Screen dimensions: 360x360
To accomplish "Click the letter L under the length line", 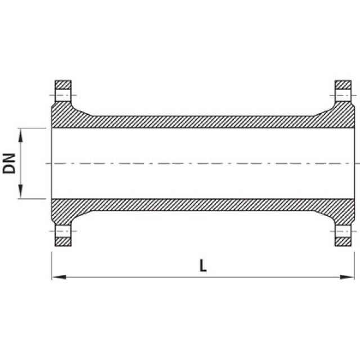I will click(203, 266).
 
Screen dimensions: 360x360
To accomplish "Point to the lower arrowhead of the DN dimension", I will click(21, 194).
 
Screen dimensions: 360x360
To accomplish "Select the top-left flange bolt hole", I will click(63, 95).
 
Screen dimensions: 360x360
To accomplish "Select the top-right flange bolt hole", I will click(344, 95).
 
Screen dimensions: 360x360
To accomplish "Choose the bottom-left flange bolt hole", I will click(63, 231).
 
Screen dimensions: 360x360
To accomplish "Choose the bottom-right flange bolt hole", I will click(344, 231).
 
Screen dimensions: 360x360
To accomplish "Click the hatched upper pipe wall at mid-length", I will click(203, 122).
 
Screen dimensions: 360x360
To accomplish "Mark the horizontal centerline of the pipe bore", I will click(203, 163).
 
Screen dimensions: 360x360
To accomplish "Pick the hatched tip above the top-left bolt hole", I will click(63, 84).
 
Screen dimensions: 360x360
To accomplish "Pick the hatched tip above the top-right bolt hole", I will click(344, 84).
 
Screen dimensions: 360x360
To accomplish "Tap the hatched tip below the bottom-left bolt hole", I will click(63, 241).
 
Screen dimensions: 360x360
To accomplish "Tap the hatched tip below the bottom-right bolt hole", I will click(344, 241).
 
